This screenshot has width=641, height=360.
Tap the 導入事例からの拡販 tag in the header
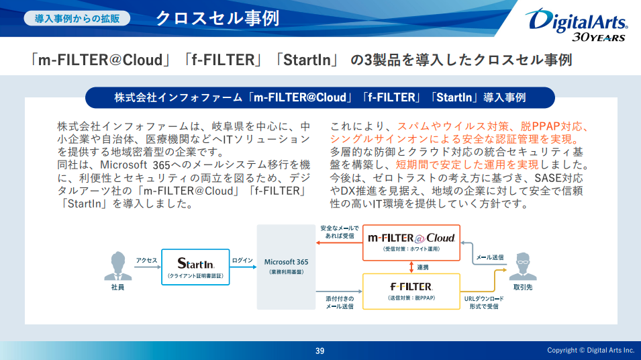click(x=78, y=18)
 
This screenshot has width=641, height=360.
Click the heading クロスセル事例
click(x=217, y=18)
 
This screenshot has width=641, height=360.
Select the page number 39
click(x=320, y=351)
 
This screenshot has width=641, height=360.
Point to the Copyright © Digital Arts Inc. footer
click(x=590, y=351)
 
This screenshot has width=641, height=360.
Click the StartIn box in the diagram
click(x=195, y=267)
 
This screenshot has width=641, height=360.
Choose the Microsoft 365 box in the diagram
click(x=286, y=266)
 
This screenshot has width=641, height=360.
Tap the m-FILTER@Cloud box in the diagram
click(x=411, y=242)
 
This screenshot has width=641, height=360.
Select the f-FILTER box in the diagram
click(x=411, y=291)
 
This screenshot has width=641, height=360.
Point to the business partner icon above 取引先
click(x=523, y=267)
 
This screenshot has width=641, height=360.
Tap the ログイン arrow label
click(x=242, y=261)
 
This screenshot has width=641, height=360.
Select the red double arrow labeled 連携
click(x=411, y=267)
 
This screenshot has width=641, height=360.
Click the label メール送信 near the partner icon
click(x=489, y=257)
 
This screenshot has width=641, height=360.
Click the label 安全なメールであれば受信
click(x=340, y=232)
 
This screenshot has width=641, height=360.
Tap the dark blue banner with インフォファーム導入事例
click(x=320, y=97)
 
